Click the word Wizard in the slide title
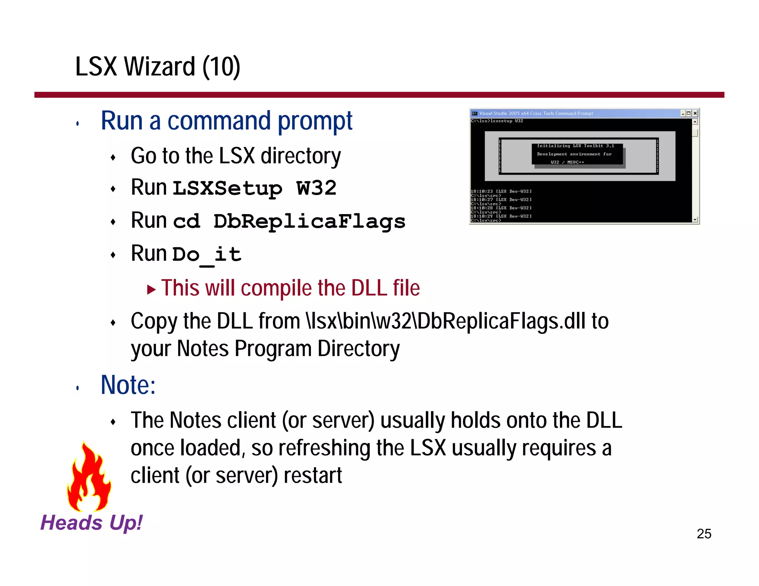click(x=159, y=67)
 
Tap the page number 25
click(x=704, y=534)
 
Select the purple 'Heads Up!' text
click(x=91, y=523)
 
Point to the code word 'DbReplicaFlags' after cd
click(x=309, y=222)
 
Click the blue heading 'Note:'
click(x=128, y=385)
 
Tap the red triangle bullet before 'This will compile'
click(x=151, y=289)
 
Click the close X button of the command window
click(x=695, y=113)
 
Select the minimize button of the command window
click(x=683, y=113)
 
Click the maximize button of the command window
click(x=689, y=113)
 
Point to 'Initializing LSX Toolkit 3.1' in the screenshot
click(x=576, y=146)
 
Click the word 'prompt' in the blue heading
click(x=315, y=121)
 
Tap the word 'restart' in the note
click(x=313, y=476)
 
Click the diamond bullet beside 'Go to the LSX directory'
click(x=113, y=158)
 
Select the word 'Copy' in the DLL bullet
click(x=154, y=322)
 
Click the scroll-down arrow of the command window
click(x=695, y=220)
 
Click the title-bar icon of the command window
click(x=474, y=113)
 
